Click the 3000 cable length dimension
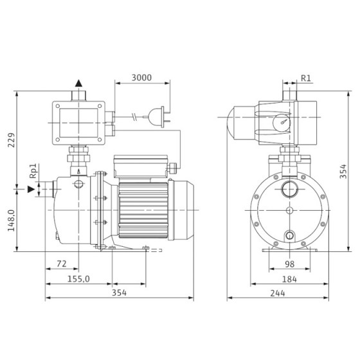pyautogui.click(x=141, y=78)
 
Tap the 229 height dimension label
pyautogui.click(x=12, y=140)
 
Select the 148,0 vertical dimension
pyautogui.click(x=12, y=221)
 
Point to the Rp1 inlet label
pyautogui.click(x=33, y=171)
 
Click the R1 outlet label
pyautogui.click(x=305, y=78)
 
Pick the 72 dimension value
pyautogui.click(x=62, y=264)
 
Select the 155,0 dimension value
pyautogui.click(x=78, y=279)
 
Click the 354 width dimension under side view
pyautogui.click(x=119, y=292)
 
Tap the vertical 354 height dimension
pyautogui.click(x=343, y=171)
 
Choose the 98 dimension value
pyautogui.click(x=289, y=264)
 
